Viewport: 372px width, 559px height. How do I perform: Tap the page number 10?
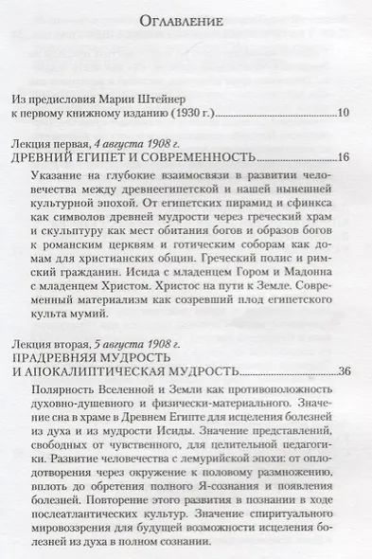344,114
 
